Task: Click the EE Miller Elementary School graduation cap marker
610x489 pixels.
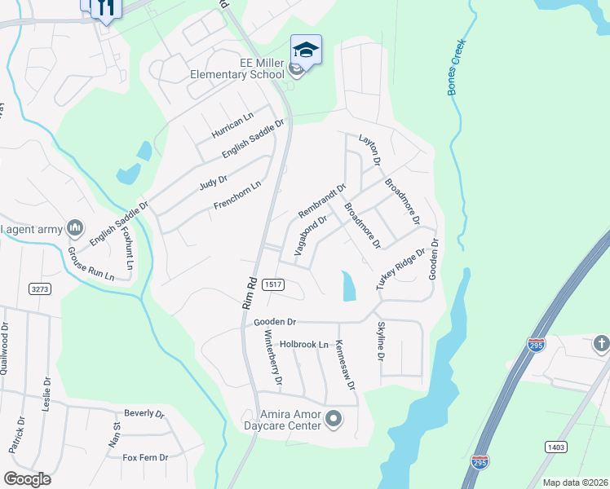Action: point(306,50)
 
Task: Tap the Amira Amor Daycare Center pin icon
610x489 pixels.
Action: point(334,420)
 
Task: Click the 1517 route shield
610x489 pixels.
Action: point(273,284)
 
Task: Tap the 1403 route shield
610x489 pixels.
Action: point(556,447)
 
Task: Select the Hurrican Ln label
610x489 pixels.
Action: point(232,122)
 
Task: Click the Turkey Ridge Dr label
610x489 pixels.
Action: point(400,268)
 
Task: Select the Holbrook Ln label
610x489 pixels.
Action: point(303,344)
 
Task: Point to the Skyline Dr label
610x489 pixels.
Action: point(380,342)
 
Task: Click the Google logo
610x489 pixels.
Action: point(27,478)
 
